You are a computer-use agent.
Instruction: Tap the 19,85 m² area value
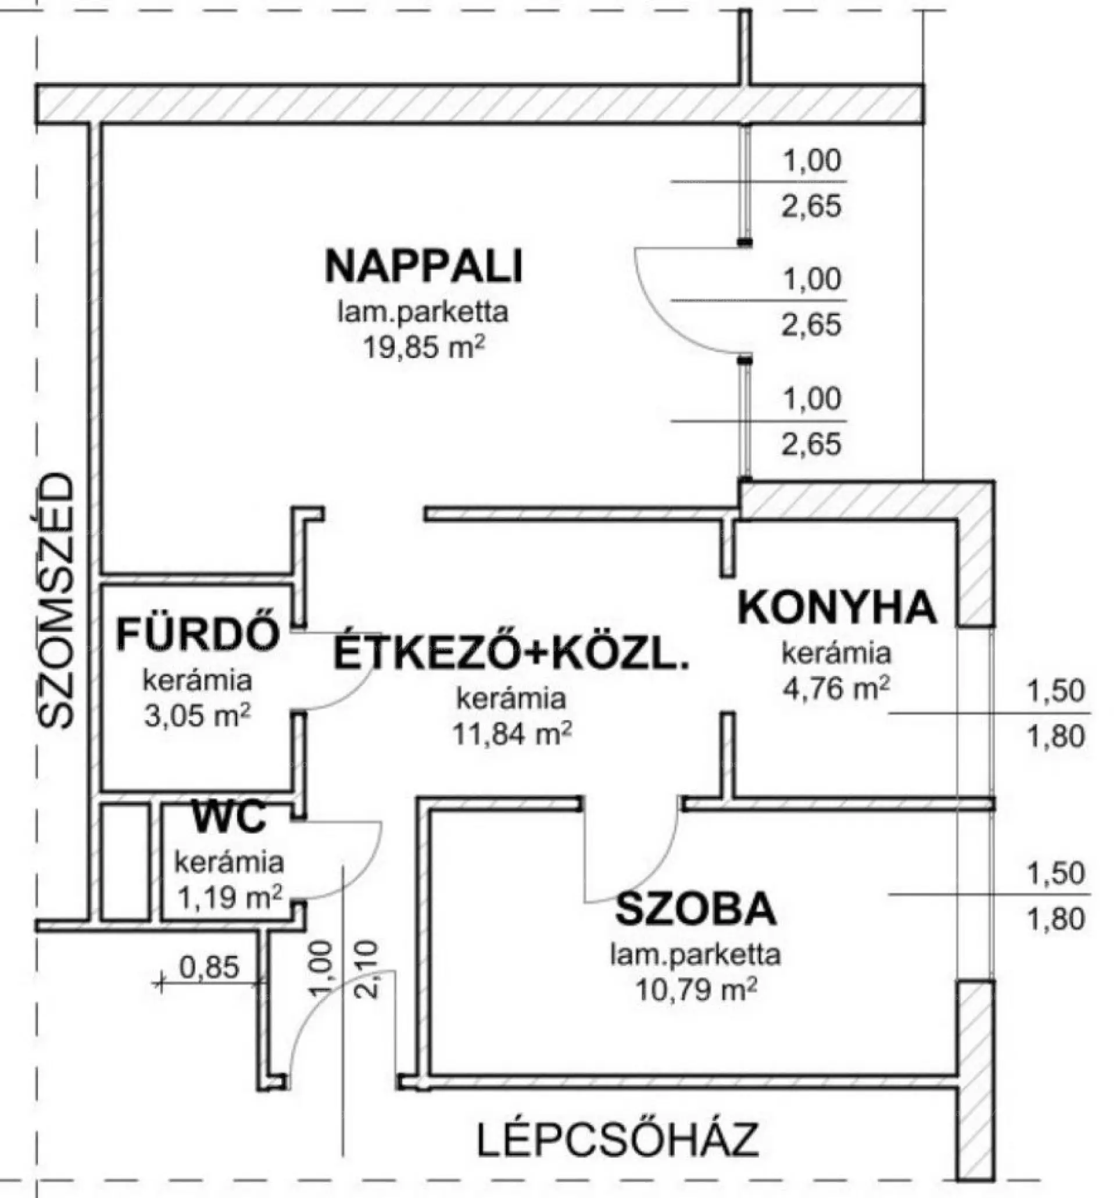click(x=423, y=348)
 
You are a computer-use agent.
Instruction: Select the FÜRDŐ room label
click(x=198, y=634)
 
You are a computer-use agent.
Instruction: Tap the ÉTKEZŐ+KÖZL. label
click(x=511, y=654)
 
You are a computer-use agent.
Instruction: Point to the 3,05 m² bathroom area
click(x=197, y=717)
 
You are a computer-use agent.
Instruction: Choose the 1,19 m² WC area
click(x=230, y=897)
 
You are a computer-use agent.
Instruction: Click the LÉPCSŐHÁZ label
click(x=618, y=1138)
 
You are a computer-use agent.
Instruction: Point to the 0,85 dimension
click(x=209, y=967)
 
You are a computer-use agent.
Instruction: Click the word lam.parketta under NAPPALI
click(x=423, y=312)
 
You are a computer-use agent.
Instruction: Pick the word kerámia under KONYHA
click(x=836, y=653)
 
